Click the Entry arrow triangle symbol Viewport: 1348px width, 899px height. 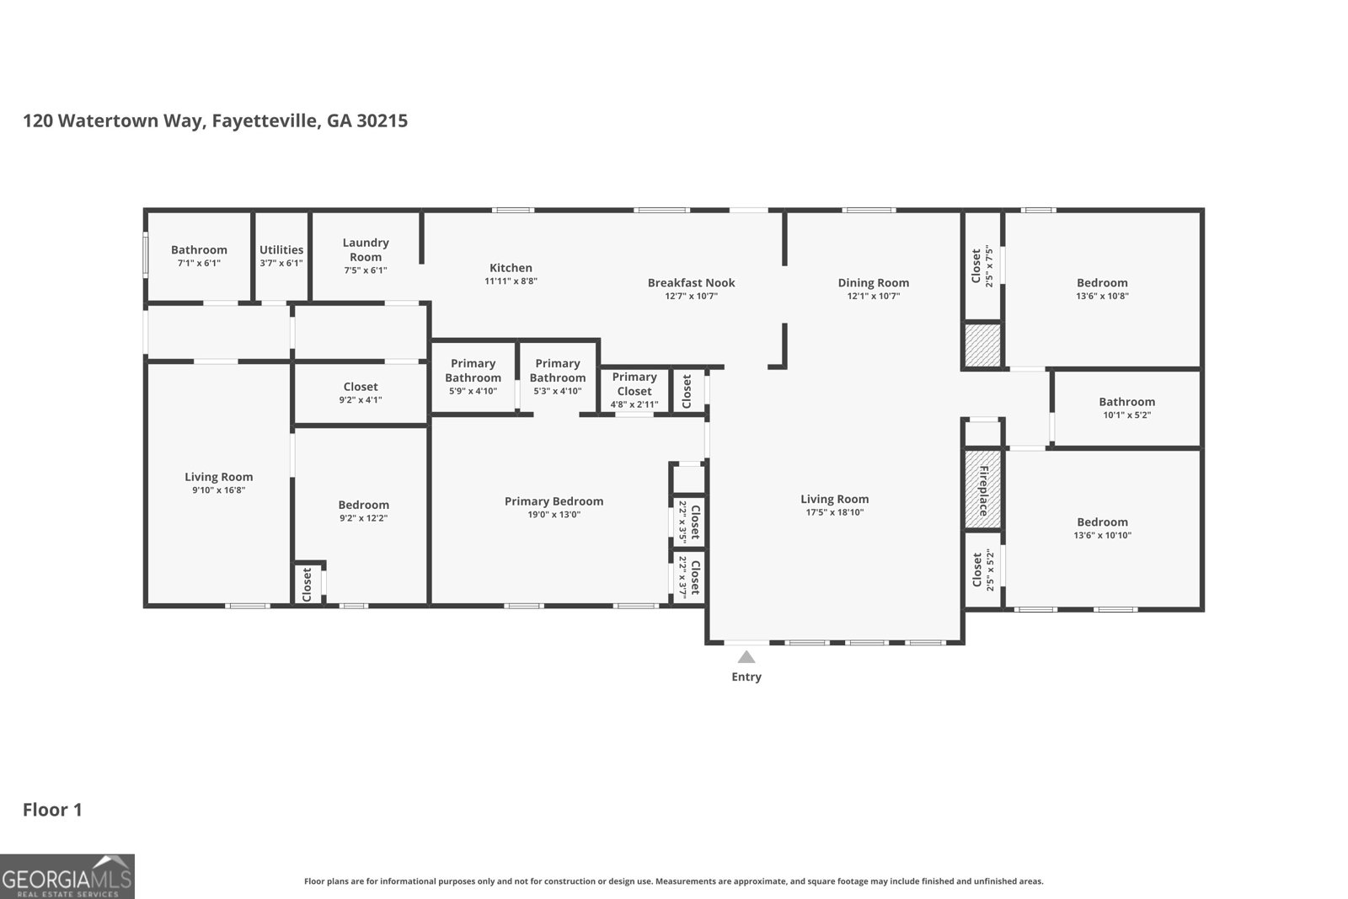click(x=746, y=657)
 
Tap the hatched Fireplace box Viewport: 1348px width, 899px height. click(x=982, y=490)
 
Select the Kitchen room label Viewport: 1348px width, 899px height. click(x=511, y=268)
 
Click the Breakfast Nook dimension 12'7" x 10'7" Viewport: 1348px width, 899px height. click(x=691, y=296)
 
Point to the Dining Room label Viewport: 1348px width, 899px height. click(x=873, y=282)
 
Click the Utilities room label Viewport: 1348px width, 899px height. click(x=281, y=249)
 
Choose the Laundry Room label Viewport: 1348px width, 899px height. click(x=366, y=249)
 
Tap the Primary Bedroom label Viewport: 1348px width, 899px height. click(x=554, y=500)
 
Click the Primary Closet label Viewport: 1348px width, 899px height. click(x=634, y=383)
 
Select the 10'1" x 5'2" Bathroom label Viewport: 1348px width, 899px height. click(x=1126, y=402)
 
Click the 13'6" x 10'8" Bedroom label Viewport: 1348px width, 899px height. click(x=1101, y=282)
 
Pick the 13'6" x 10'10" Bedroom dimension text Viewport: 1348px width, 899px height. click(x=1101, y=535)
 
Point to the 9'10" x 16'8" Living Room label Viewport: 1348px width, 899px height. click(x=218, y=477)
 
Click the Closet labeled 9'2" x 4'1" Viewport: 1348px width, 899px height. click(x=361, y=387)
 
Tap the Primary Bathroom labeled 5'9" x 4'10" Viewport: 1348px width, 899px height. click(x=473, y=371)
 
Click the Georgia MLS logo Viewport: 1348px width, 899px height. click(x=67, y=876)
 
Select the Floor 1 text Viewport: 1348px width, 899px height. click(x=52, y=810)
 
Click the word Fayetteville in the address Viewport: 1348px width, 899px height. click(x=265, y=120)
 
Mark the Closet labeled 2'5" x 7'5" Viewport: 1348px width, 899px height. click(x=982, y=265)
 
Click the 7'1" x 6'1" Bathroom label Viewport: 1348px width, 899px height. click(x=199, y=249)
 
